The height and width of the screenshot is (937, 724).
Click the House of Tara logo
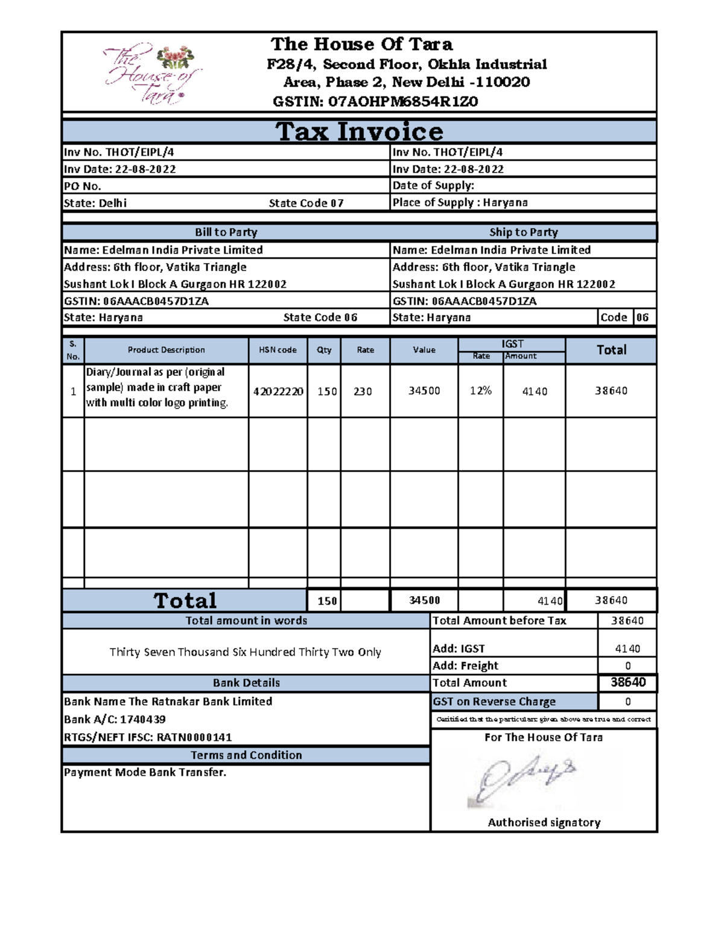[151, 74]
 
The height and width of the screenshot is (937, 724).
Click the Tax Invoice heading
[360, 132]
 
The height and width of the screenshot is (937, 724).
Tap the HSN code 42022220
[278, 392]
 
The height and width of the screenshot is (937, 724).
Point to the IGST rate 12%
[481, 391]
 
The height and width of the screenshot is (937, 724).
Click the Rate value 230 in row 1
[363, 392]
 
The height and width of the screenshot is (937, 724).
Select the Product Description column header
[166, 350]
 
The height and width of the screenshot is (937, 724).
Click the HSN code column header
[278, 350]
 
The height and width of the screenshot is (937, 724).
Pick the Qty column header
[324, 350]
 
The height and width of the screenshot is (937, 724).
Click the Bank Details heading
[246, 683]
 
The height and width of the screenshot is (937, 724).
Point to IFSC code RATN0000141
[194, 737]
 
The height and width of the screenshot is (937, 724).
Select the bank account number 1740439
[143, 719]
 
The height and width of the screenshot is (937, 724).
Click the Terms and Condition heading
[246, 755]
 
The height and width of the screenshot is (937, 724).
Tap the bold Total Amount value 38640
[628, 682]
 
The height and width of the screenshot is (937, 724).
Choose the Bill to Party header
[226, 232]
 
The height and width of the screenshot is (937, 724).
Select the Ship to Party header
[524, 232]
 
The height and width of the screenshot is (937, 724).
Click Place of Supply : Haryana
[460, 203]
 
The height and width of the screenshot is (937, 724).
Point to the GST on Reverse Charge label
[494, 702]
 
